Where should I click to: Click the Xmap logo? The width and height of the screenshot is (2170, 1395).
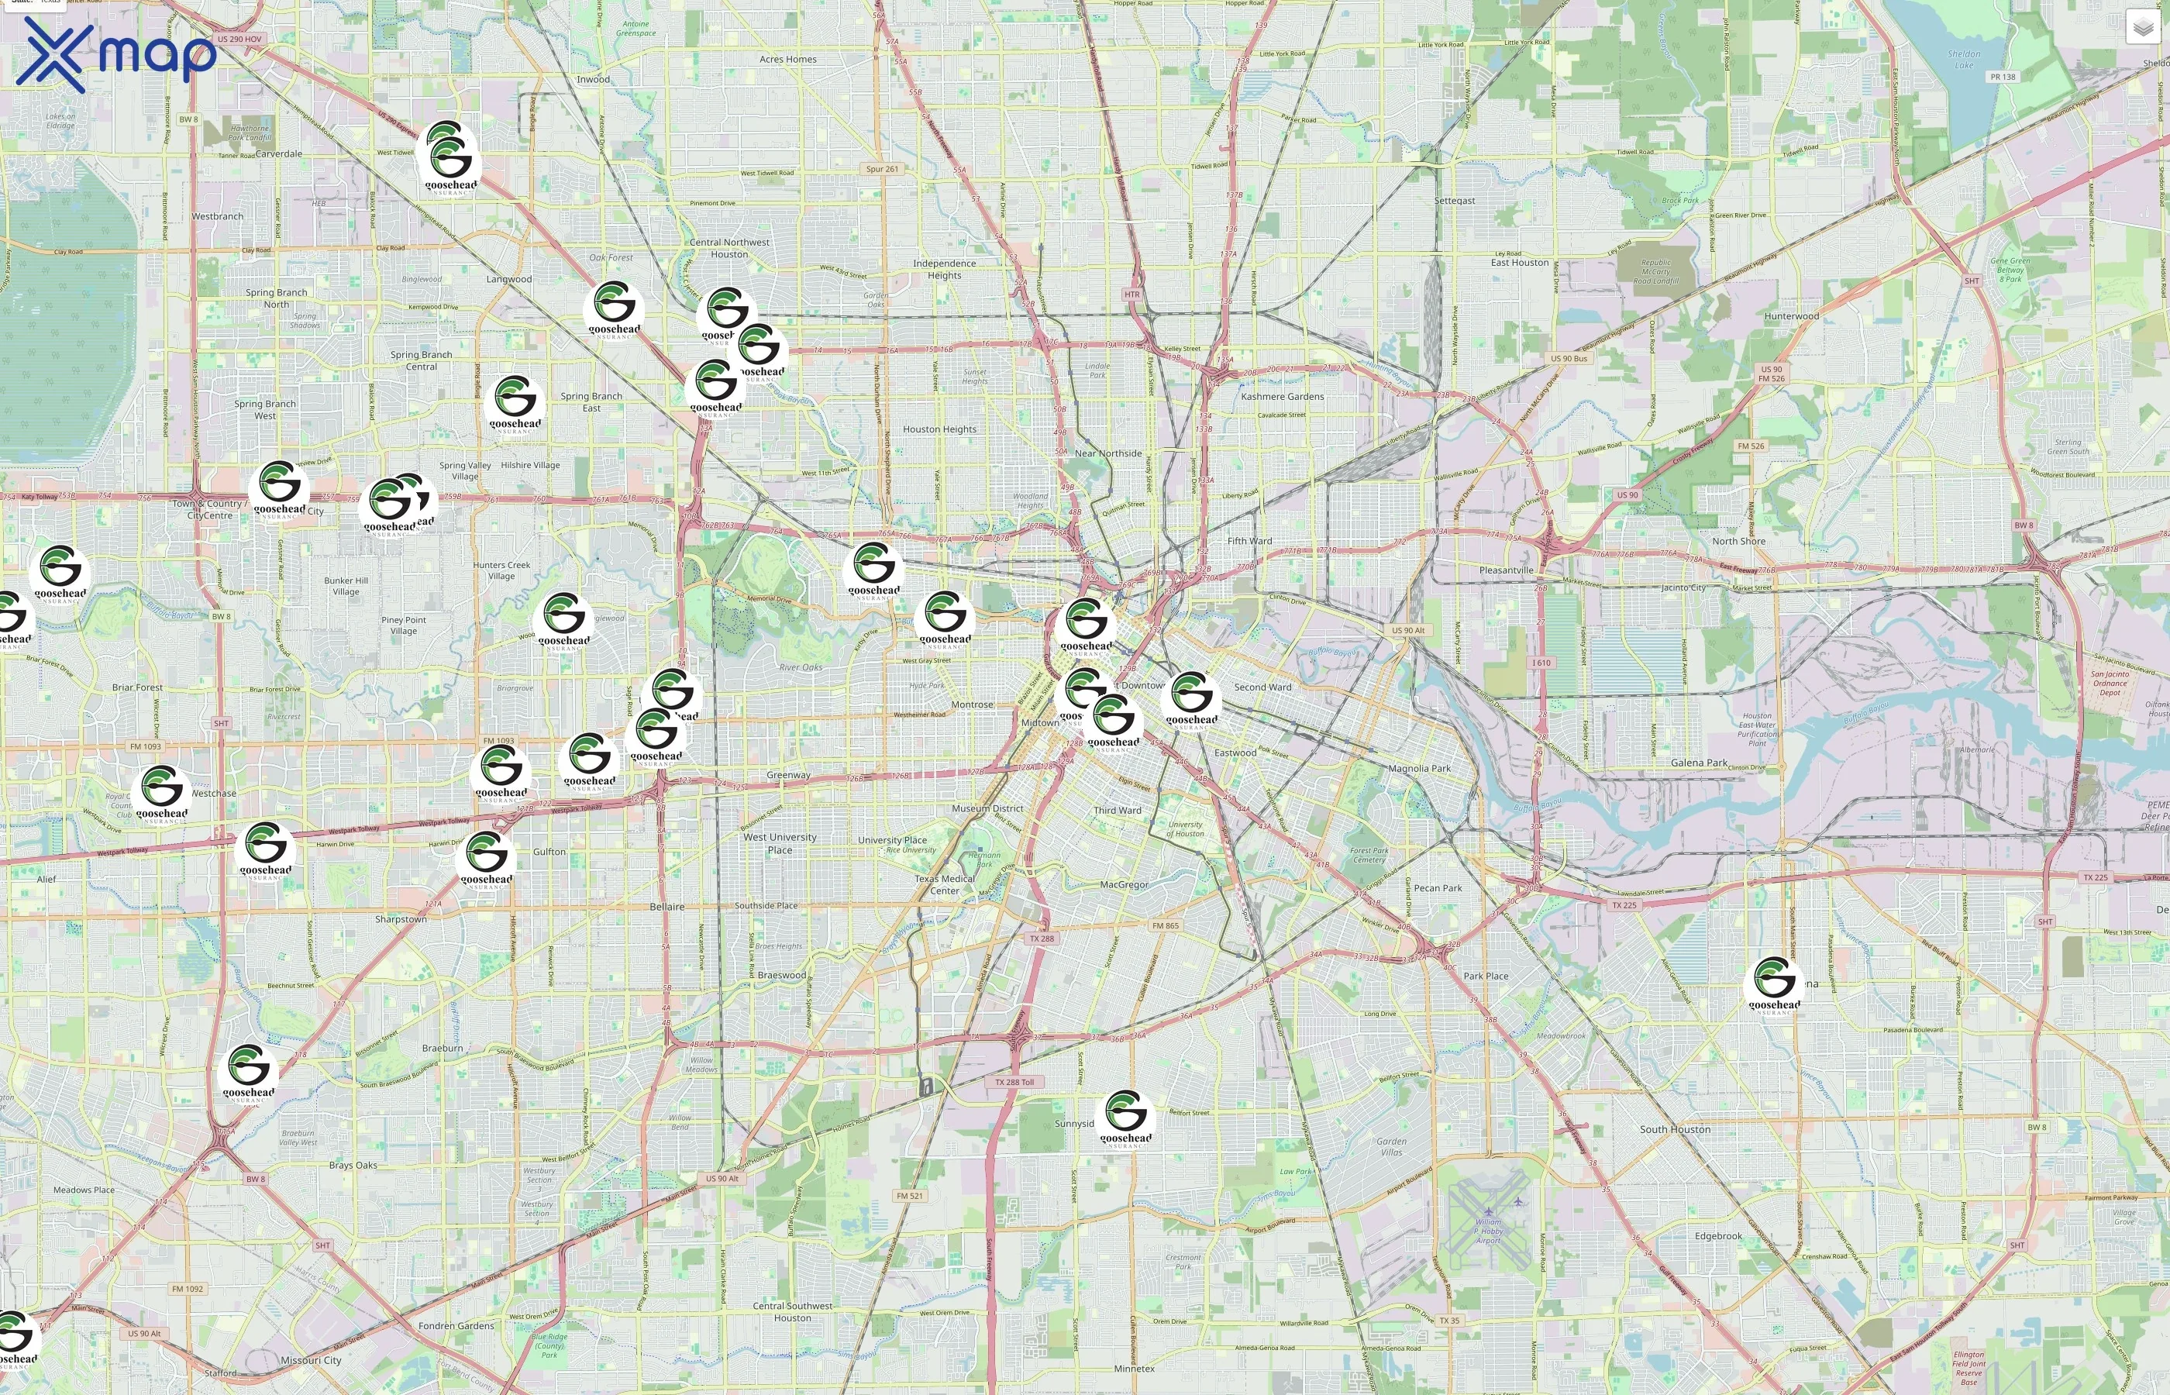[x=116, y=54]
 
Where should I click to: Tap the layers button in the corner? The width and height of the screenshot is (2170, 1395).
[x=2142, y=28]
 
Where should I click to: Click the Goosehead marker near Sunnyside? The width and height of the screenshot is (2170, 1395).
[x=1126, y=1117]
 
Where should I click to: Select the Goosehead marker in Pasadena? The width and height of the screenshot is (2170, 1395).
[x=1774, y=983]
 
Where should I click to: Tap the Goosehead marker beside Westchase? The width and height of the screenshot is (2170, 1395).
[x=162, y=793]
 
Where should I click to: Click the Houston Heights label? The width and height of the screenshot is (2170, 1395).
[x=939, y=429]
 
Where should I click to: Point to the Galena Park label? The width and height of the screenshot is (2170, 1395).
[x=1698, y=763]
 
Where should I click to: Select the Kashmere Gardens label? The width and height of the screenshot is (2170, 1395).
[x=1282, y=396]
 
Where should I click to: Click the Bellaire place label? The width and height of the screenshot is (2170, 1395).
[x=666, y=907]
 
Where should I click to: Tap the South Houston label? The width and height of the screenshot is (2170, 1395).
[x=1675, y=1130]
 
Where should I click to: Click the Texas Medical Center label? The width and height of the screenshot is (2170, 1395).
[x=944, y=884]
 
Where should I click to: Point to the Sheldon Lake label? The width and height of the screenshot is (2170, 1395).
[x=1964, y=59]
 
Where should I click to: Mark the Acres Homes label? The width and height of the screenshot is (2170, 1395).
[x=787, y=60]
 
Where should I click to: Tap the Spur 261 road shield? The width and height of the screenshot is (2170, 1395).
[x=881, y=170]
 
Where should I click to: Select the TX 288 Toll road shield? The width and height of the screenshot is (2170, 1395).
[x=1014, y=1082]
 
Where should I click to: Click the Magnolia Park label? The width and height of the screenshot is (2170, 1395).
[x=1418, y=768]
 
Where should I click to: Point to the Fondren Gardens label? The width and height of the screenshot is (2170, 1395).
[x=456, y=1325]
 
